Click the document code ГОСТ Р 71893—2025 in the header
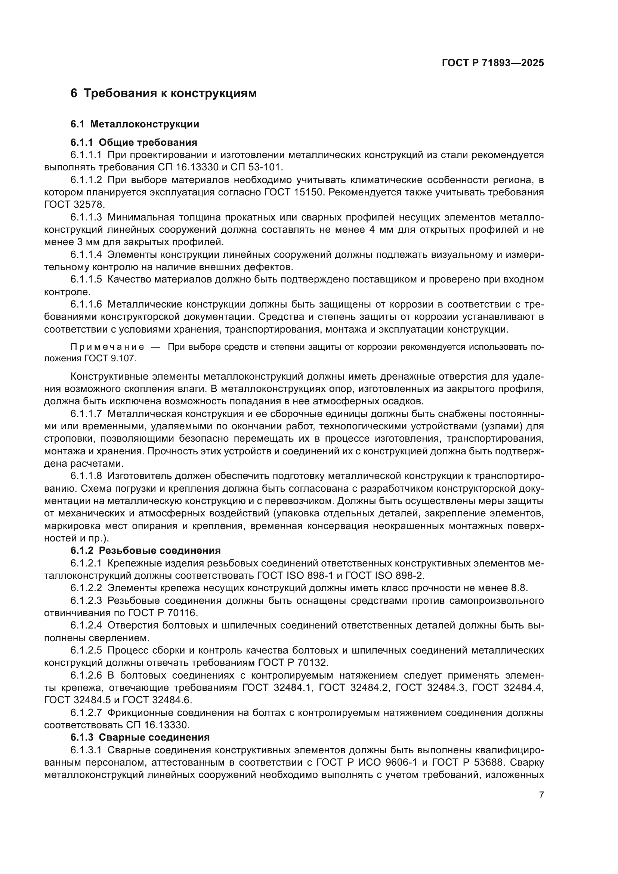click(493, 63)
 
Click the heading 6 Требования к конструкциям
click(164, 93)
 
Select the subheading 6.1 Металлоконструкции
click(135, 124)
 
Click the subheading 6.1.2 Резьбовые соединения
click(145, 550)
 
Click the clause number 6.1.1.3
click(86, 217)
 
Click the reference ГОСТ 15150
click(293, 192)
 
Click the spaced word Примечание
click(107, 347)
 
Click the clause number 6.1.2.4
click(86, 626)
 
